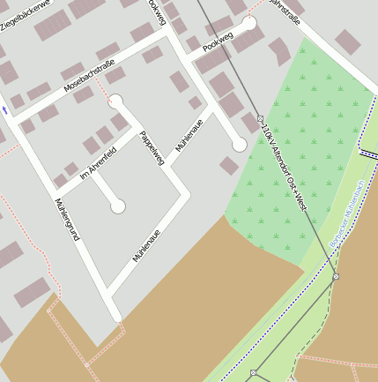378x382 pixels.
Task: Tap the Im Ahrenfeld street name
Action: [98, 163]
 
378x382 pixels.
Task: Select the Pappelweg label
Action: [152, 147]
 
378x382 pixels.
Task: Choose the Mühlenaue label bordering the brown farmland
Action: [149, 243]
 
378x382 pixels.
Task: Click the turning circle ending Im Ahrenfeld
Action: [117, 206]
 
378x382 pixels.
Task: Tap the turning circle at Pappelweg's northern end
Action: [115, 102]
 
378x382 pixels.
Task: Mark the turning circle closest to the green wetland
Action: [239, 146]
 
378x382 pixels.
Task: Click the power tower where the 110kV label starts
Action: [260, 118]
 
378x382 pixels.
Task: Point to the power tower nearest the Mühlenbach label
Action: [336, 277]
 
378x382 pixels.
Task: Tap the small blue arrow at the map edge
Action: [4, 110]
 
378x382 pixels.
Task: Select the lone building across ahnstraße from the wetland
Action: [347, 41]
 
